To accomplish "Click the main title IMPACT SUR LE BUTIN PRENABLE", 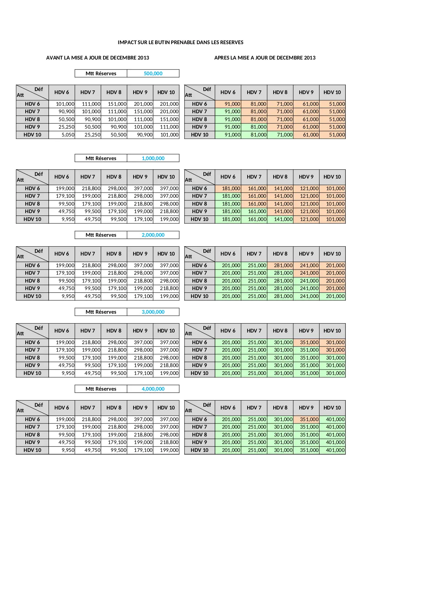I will (180, 42).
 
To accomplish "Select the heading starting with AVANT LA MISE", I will (98, 58).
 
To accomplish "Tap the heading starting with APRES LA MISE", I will (265, 58).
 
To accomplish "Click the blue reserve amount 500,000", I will (153, 74).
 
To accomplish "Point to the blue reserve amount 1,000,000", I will (153, 158).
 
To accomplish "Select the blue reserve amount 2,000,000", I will (153, 235).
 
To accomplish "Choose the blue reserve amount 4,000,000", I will (153, 389).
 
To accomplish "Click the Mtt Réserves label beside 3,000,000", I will (101, 312).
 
